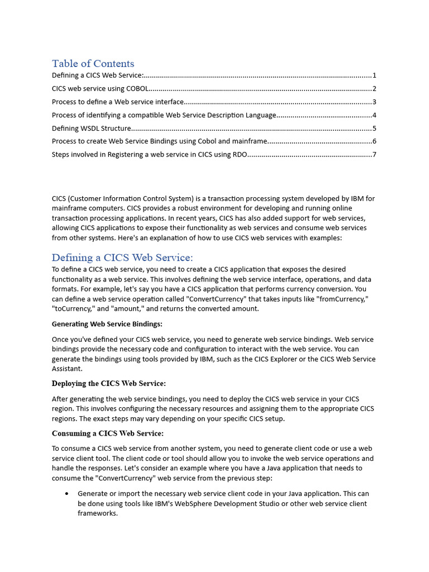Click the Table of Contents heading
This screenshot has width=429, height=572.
(x=93, y=63)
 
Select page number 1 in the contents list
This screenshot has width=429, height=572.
(x=374, y=75)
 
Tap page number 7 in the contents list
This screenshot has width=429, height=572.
(x=374, y=155)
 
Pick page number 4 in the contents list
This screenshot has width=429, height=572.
(x=374, y=115)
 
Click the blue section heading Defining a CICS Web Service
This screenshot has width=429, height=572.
(x=122, y=257)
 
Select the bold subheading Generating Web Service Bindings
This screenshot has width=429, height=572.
(x=107, y=324)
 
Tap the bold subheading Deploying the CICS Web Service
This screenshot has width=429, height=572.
(x=108, y=384)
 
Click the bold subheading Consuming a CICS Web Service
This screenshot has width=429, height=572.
(x=107, y=433)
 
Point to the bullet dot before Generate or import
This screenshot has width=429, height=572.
(x=67, y=494)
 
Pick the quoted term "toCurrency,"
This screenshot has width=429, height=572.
(x=73, y=309)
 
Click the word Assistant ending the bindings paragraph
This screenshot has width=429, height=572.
(x=68, y=369)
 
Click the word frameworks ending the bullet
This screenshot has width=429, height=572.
(x=97, y=513)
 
